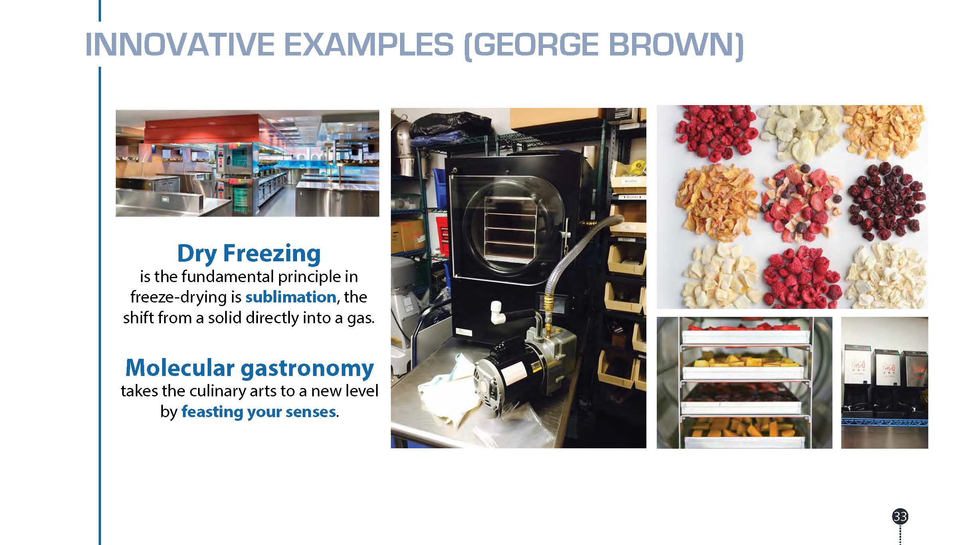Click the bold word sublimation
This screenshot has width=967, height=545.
click(290, 297)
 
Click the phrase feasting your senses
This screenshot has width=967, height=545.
click(258, 412)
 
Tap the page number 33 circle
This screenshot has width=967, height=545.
click(900, 517)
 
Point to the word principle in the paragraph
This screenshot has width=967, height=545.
click(316, 277)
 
